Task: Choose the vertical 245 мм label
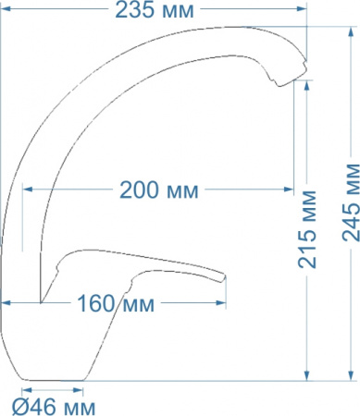pyautogui.click(x=351, y=214)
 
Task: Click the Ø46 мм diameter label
pyautogui.click(x=53, y=405)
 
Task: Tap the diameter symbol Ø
pyautogui.click(x=19, y=405)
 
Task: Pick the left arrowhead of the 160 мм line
pyautogui.click(x=6, y=303)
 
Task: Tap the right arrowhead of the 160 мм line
pyautogui.click(x=224, y=303)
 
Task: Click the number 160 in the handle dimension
pyautogui.click(x=95, y=303)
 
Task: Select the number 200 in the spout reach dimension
pyautogui.click(x=138, y=190)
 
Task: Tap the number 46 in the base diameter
pyautogui.click(x=41, y=405)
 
